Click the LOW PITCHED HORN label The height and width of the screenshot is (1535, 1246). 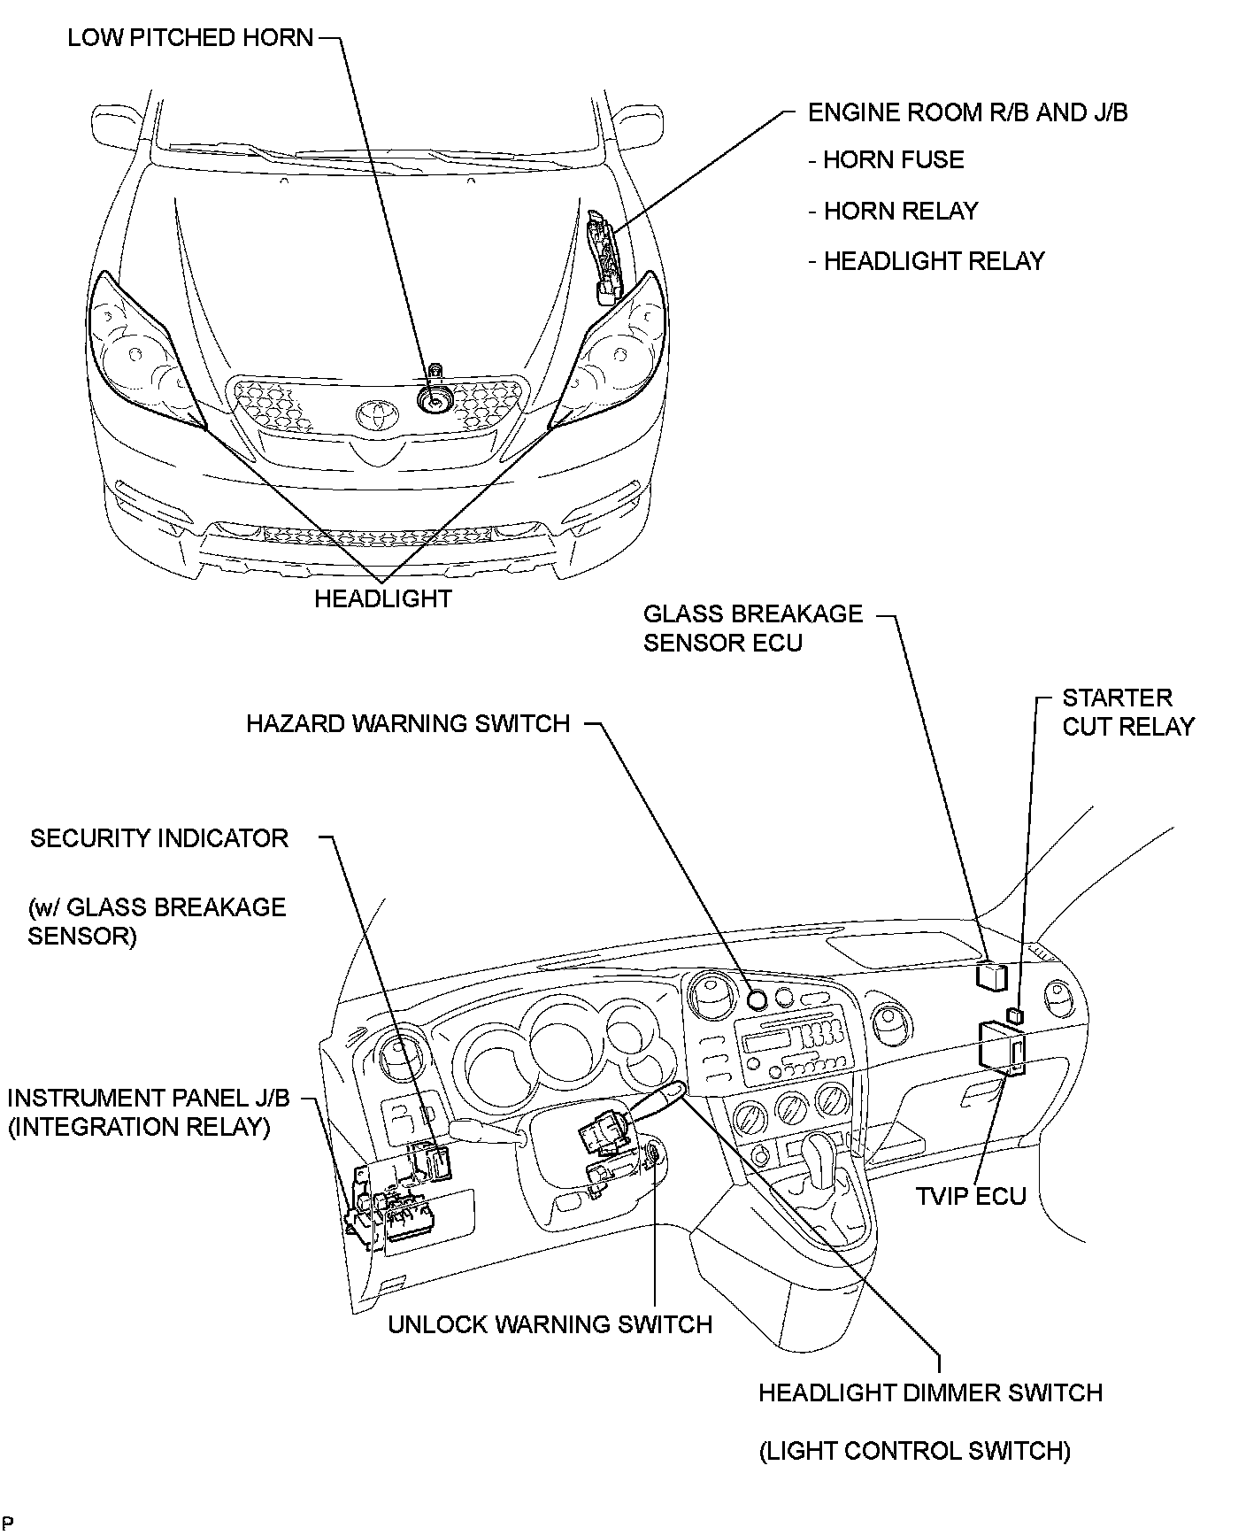190,38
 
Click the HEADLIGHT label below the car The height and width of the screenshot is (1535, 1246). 383,599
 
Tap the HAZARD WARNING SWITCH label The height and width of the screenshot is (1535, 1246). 408,724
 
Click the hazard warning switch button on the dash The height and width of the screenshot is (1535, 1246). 757,1000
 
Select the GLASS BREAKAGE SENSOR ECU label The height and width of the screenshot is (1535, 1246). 752,629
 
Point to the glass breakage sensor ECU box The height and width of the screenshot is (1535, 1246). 990,975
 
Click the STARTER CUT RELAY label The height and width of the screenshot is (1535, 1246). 1127,712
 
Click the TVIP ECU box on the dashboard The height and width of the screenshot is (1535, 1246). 1001,1048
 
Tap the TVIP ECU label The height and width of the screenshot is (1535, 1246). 971,1197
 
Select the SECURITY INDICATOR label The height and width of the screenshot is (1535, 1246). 159,839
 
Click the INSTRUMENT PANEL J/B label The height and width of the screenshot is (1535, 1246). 148,1099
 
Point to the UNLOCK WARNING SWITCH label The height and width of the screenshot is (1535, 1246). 550,1324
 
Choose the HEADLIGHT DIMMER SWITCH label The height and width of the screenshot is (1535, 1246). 930,1392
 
